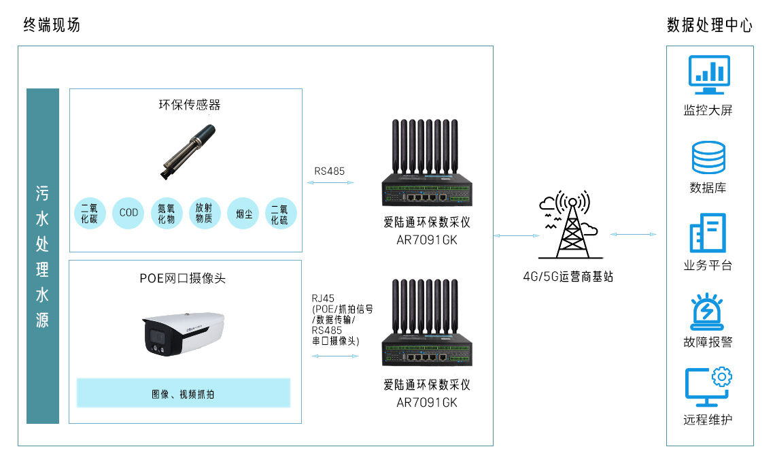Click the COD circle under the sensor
(x=128, y=213)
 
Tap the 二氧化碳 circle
(x=90, y=213)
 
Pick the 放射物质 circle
(x=205, y=213)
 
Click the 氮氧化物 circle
(x=167, y=213)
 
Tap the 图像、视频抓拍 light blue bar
(x=183, y=393)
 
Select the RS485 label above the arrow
(x=329, y=171)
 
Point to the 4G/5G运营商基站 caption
(x=568, y=277)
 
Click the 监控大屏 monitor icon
(x=709, y=75)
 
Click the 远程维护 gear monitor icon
(x=708, y=386)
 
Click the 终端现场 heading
(x=52, y=25)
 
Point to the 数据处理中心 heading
(x=710, y=26)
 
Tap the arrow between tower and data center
(x=633, y=235)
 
